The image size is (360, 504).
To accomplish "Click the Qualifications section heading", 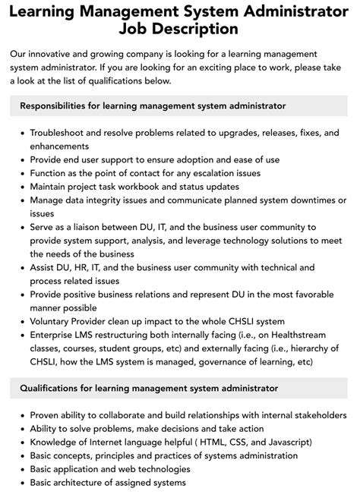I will point(149,388).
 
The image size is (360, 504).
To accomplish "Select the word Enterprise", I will point(55,335).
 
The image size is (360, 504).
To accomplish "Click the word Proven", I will point(47,415).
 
